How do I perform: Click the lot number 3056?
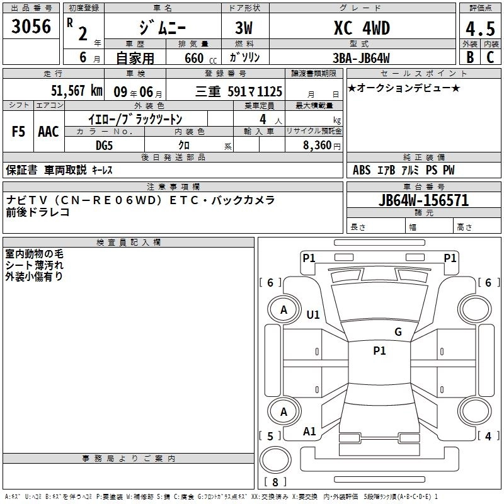(x=31, y=27)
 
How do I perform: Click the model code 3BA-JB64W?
(x=361, y=58)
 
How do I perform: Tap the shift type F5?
(x=19, y=132)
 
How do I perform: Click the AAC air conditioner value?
(x=48, y=132)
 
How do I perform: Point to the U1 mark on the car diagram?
(x=312, y=314)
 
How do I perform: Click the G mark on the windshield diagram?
(x=398, y=332)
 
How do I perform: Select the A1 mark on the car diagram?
(x=309, y=432)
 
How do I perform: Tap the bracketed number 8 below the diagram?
(x=275, y=482)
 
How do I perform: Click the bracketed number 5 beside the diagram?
(x=271, y=436)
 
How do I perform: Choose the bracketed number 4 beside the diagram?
(x=487, y=436)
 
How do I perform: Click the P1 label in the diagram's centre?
(x=379, y=351)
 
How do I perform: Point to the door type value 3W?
(x=244, y=28)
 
